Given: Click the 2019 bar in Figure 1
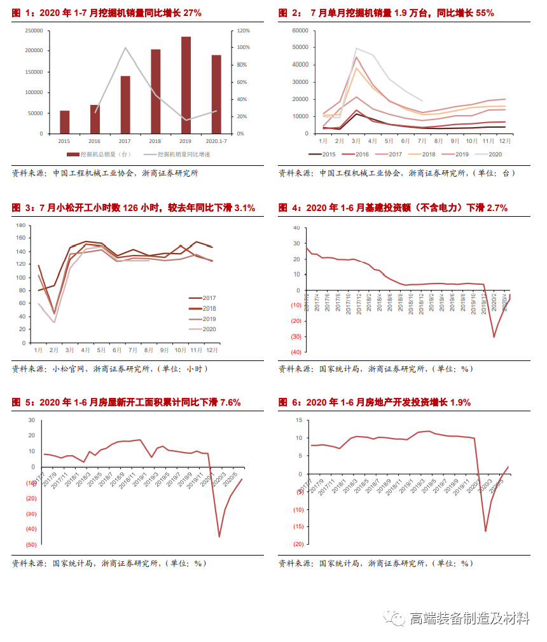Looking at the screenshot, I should click(x=186, y=85).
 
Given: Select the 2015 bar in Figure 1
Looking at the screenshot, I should click(x=64, y=122).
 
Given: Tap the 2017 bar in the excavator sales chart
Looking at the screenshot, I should click(x=125, y=105).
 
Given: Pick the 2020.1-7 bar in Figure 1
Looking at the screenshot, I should click(x=216, y=94).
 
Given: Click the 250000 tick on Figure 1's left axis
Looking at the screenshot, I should click(x=34, y=31).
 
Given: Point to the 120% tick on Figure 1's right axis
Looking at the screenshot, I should click(x=243, y=31).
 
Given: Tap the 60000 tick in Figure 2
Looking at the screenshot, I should click(x=300, y=31).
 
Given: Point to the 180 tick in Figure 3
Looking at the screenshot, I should click(x=20, y=226).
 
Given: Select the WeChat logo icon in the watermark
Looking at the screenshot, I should click(x=396, y=618).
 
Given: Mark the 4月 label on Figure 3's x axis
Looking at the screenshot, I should click(x=86, y=350).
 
